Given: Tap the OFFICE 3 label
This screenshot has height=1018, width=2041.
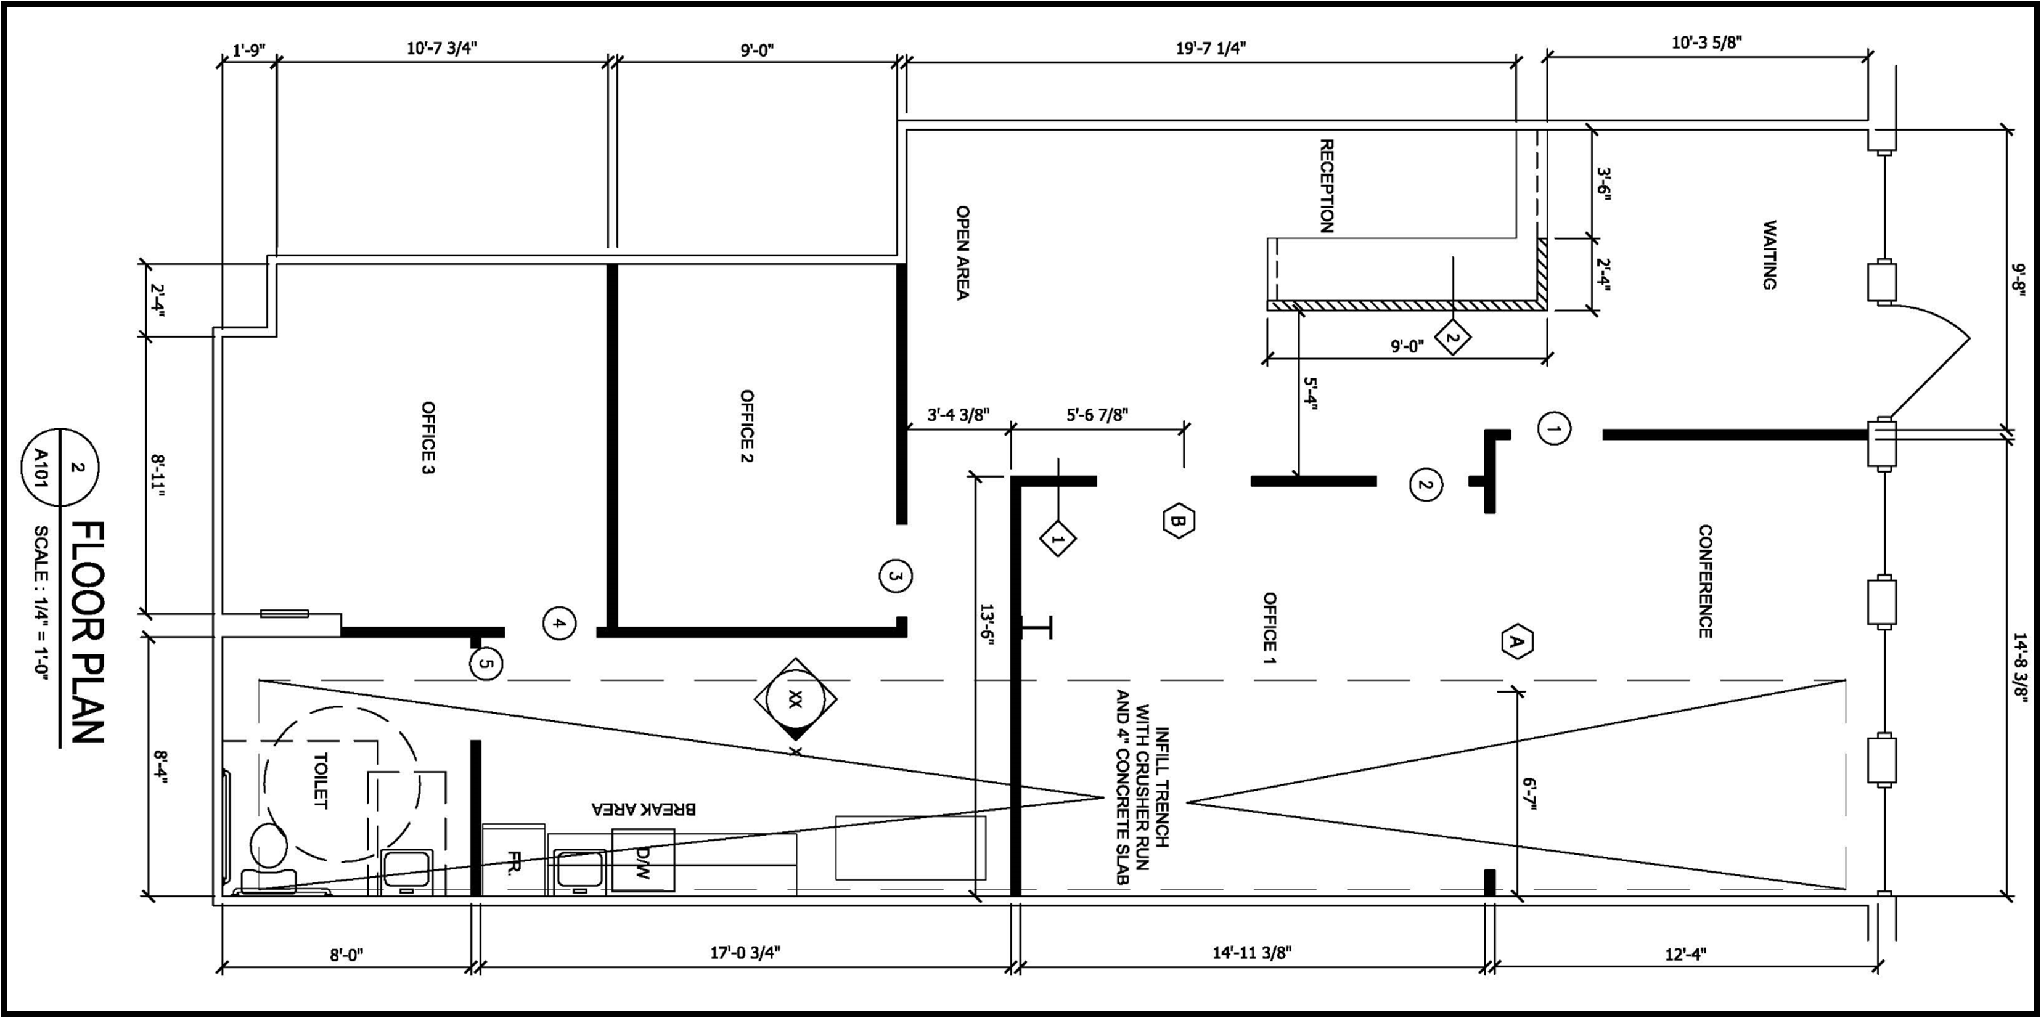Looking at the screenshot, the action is pyautogui.click(x=428, y=438).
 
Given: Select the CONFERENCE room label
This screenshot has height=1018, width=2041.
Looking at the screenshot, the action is pyautogui.click(x=1705, y=582).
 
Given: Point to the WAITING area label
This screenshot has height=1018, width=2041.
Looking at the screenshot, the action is pyautogui.click(x=1769, y=255).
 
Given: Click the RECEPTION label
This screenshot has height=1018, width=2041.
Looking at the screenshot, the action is pyautogui.click(x=1327, y=186).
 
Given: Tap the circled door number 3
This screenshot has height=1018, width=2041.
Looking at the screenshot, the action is pyautogui.click(x=895, y=576).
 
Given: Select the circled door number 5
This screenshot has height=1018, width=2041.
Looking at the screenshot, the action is pyautogui.click(x=486, y=664).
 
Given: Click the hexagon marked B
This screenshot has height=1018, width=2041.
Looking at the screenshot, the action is pyautogui.click(x=1178, y=521).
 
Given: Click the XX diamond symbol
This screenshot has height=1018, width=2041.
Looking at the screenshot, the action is pyautogui.click(x=795, y=699).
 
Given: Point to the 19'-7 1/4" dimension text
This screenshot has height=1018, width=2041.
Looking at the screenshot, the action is pyautogui.click(x=1211, y=47).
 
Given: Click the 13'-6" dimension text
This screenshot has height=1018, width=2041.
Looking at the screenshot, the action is pyautogui.click(x=986, y=625).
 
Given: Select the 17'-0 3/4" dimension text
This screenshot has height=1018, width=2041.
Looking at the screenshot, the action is pyautogui.click(x=745, y=952).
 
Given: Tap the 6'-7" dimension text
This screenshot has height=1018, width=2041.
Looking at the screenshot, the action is pyautogui.click(x=1529, y=796).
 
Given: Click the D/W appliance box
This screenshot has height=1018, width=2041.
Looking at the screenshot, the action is pyautogui.click(x=642, y=860).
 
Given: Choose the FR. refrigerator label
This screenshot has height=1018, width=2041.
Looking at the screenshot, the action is pyautogui.click(x=513, y=863).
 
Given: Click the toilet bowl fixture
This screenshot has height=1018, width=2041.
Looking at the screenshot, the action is pyautogui.click(x=269, y=844).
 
